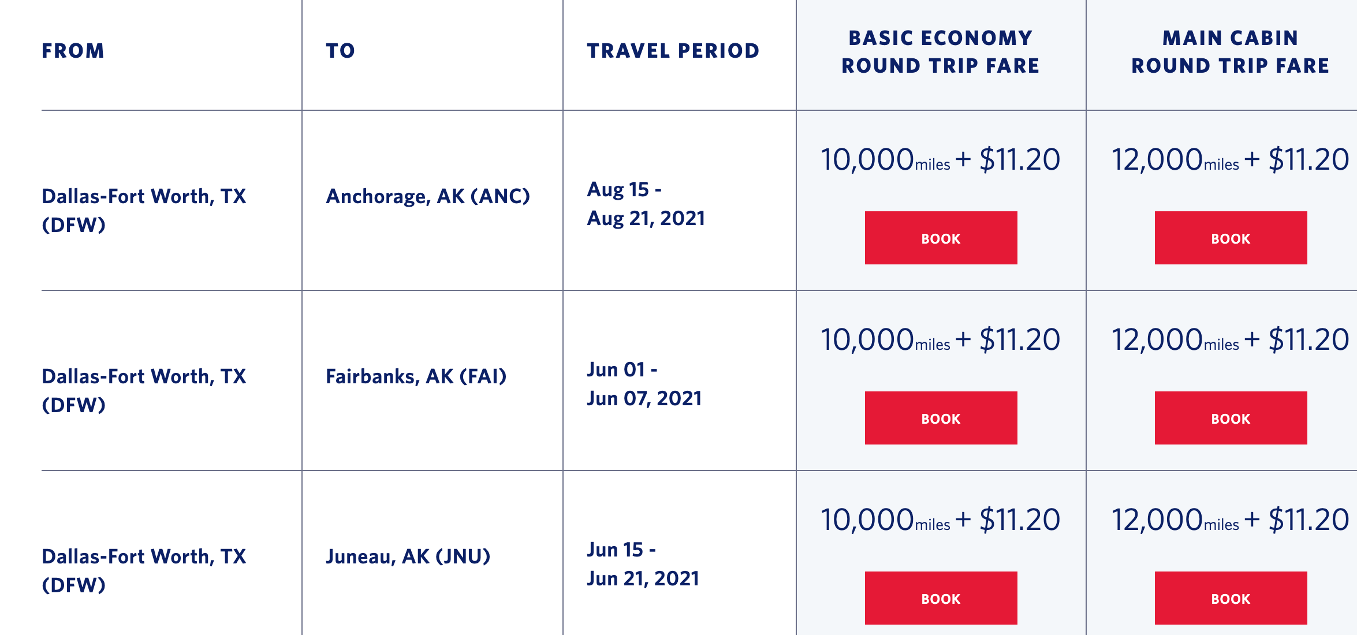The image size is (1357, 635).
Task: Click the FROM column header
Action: click(x=73, y=51)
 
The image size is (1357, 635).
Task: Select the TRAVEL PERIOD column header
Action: click(x=673, y=51)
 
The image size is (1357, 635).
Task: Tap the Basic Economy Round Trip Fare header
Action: click(x=941, y=52)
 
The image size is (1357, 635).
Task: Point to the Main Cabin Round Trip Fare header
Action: click(x=1231, y=52)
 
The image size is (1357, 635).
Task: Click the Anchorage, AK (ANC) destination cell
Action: click(x=428, y=196)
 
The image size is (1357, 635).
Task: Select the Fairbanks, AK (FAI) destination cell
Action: click(x=416, y=376)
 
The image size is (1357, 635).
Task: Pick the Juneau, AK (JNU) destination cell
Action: click(x=408, y=556)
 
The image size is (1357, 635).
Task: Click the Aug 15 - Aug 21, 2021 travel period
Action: click(x=646, y=204)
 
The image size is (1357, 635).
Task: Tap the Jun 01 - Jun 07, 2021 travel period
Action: click(x=644, y=384)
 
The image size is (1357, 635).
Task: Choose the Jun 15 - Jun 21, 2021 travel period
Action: click(x=643, y=564)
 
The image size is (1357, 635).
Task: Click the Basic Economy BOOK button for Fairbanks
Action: click(x=941, y=418)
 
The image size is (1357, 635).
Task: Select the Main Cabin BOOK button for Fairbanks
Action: click(x=1231, y=418)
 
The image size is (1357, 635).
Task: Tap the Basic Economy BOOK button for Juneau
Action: click(x=941, y=598)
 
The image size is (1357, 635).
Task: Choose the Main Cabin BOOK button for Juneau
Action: click(x=1231, y=598)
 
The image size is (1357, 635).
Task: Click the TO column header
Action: click(x=340, y=51)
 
